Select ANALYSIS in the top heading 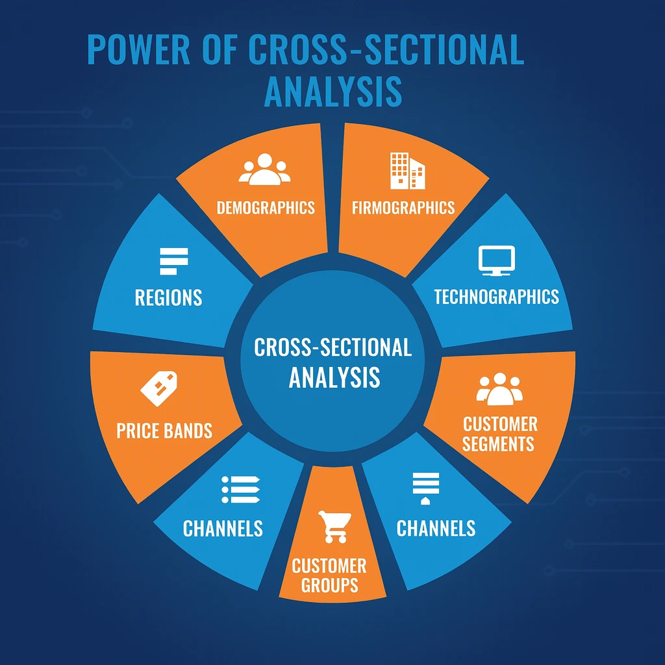point(333,92)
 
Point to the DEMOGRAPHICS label point(266,208)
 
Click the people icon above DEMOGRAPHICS point(264,169)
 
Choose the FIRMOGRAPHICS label point(403,208)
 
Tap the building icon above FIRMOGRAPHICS point(407,171)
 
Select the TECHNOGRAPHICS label point(496,297)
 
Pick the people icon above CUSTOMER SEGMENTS point(499,388)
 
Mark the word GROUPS point(329,584)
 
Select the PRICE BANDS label point(164,430)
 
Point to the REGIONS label point(168,297)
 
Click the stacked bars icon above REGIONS point(173,260)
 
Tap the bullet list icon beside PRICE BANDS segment point(240,489)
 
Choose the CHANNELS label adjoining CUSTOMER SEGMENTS point(436,528)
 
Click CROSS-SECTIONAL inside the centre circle point(332,347)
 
